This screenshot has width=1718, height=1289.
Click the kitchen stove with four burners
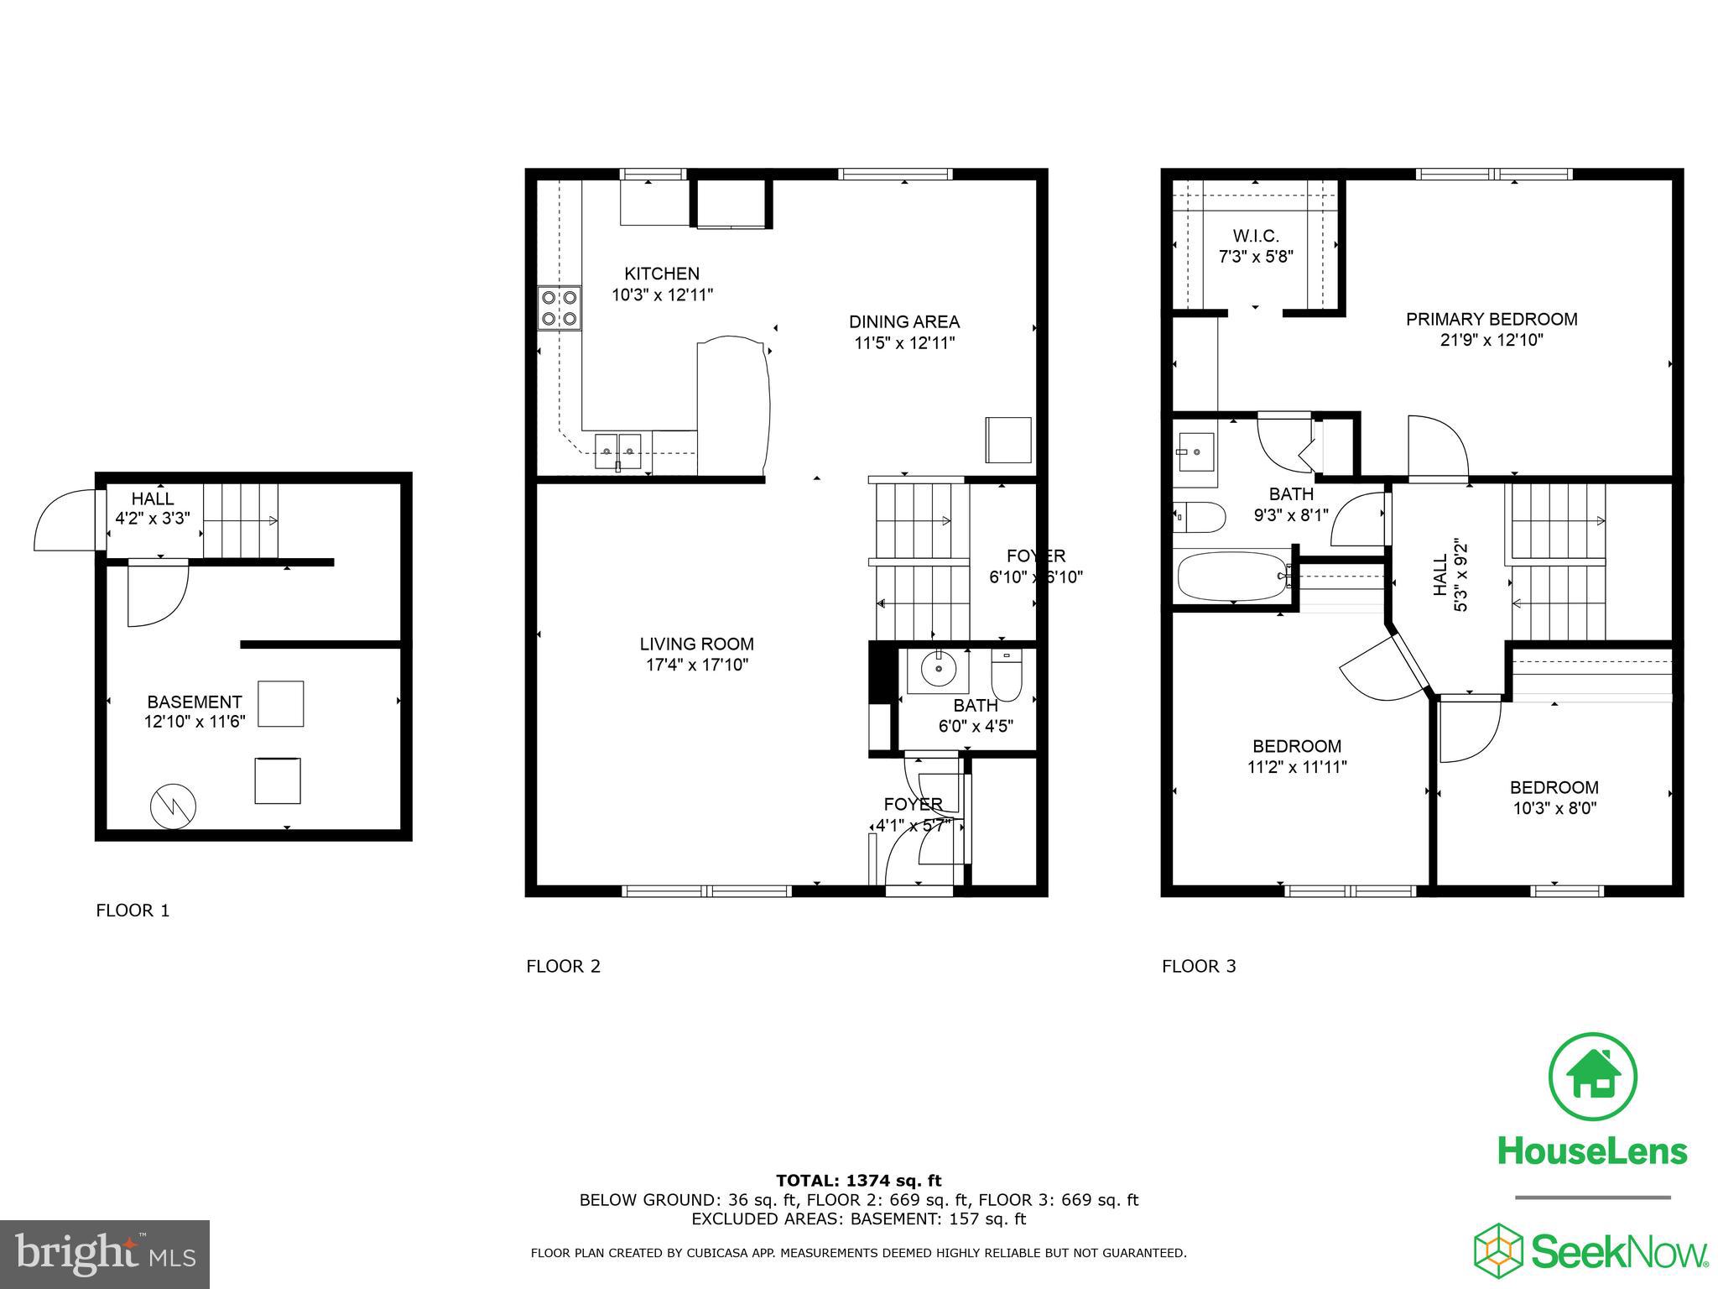click(x=560, y=308)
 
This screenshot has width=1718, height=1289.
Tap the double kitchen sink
click(x=618, y=451)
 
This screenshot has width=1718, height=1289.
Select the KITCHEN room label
click(x=661, y=274)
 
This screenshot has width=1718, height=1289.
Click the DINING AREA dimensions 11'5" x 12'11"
click(x=904, y=342)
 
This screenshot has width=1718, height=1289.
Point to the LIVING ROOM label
click(x=696, y=644)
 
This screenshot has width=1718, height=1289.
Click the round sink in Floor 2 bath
click(x=938, y=670)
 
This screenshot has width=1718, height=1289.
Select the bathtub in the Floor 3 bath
click(x=1231, y=576)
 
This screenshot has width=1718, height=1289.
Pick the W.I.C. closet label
click(x=1256, y=236)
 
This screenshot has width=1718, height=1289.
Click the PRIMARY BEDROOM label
click(x=1491, y=319)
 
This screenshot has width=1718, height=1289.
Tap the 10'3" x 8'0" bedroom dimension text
click(x=1554, y=808)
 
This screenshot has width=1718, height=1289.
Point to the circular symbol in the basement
click(x=173, y=807)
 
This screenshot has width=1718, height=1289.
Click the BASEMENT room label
click(x=195, y=702)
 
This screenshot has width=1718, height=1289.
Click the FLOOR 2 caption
click(x=563, y=966)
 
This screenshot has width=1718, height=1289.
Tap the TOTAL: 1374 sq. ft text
click(x=858, y=1181)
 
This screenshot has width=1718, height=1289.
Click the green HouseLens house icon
click(x=1591, y=1077)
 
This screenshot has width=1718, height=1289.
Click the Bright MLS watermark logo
click(x=105, y=1254)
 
